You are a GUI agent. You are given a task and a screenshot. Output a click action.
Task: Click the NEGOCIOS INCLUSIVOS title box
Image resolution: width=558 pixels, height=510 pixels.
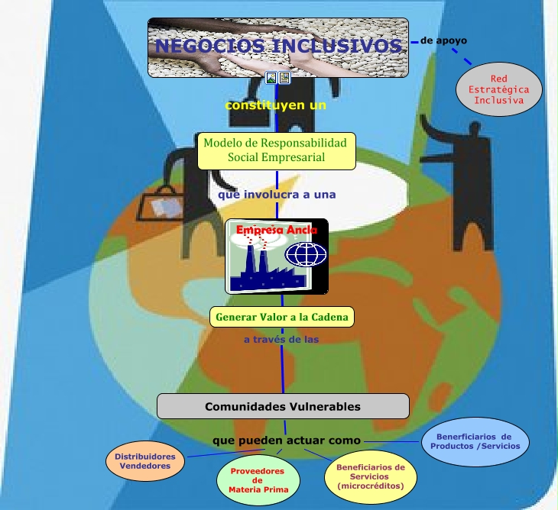(x=277, y=47)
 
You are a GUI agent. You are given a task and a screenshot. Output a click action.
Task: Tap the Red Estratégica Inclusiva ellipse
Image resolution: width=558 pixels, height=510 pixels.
(x=498, y=89)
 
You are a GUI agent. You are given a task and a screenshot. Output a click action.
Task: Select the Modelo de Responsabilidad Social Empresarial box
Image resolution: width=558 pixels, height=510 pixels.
(x=276, y=150)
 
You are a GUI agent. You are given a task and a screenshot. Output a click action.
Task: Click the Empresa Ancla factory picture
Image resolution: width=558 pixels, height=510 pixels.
(x=276, y=256)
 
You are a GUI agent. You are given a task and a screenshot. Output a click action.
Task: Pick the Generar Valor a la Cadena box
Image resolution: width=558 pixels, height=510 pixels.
(x=282, y=316)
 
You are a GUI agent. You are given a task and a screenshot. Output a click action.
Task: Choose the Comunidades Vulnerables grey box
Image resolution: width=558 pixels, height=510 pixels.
(x=282, y=406)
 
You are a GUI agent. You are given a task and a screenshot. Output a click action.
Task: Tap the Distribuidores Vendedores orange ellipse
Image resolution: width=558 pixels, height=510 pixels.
(x=145, y=461)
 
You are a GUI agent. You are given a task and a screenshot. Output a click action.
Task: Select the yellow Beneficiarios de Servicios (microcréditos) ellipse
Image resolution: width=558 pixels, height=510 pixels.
(x=370, y=476)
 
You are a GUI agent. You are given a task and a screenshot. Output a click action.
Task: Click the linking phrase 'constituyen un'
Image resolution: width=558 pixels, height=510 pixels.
(x=275, y=105)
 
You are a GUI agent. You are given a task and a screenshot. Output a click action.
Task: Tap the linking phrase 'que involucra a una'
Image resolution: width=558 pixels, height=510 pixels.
(x=277, y=195)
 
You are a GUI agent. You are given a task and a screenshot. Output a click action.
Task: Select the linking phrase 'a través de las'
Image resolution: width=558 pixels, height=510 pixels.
(x=281, y=339)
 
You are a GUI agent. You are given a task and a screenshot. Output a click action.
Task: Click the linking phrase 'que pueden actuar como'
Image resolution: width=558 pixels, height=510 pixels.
(x=286, y=441)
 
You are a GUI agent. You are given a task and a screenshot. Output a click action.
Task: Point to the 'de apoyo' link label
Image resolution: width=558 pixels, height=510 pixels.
(x=443, y=40)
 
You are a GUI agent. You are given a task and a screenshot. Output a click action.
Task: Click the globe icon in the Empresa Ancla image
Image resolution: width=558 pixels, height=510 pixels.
(x=306, y=253)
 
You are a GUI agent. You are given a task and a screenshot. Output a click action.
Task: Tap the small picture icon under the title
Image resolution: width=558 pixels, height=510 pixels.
(x=271, y=77)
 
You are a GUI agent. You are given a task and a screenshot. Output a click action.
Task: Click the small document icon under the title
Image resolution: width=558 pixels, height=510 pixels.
(x=284, y=77)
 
